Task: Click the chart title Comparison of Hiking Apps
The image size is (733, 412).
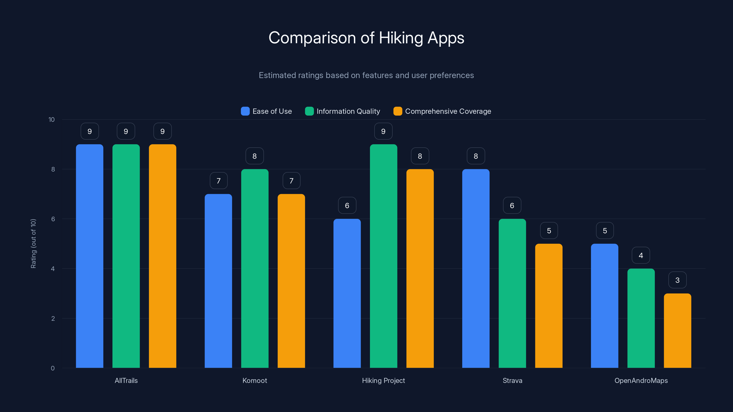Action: pos(366,38)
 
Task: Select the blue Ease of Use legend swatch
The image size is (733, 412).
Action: pos(245,111)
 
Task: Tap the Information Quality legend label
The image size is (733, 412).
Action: pos(348,111)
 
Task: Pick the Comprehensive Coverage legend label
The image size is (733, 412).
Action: pos(448,111)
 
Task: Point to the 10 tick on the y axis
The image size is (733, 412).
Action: pos(52,120)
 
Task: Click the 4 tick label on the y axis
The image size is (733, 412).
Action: pos(53,269)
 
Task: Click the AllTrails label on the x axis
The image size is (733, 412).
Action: pos(126,380)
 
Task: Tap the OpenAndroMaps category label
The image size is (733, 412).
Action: pos(641,380)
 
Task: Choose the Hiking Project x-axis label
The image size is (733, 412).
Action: pos(383,380)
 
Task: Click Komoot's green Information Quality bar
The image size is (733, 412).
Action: pos(255,268)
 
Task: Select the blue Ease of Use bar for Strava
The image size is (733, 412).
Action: pos(476,268)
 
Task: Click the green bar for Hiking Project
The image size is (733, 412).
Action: pos(383,256)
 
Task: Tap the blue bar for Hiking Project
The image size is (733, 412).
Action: pos(347,293)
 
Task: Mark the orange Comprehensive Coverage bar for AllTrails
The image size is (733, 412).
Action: pos(162,256)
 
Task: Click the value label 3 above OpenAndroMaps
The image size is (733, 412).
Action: pos(677,280)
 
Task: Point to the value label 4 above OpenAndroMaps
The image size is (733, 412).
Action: pos(641,255)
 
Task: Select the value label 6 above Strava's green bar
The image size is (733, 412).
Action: pos(512,205)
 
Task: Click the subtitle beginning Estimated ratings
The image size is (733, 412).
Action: pos(366,75)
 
